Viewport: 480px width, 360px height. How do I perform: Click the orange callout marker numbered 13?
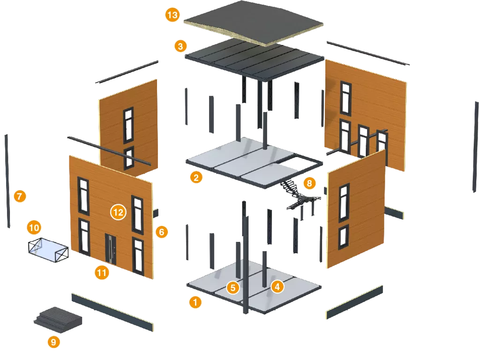pos(172,15)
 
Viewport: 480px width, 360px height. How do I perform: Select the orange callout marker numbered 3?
pos(180,46)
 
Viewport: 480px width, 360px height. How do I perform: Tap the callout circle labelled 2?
pos(196,177)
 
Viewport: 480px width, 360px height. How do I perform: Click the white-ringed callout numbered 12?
pos(118,212)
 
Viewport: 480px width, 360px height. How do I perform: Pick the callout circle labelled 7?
pos(19,196)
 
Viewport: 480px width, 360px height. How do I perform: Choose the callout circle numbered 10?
pos(34,228)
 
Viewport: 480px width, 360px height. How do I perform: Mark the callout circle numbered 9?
pos(53,342)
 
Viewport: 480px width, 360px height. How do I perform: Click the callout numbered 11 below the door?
pos(102,272)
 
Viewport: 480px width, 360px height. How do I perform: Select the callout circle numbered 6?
pos(162,232)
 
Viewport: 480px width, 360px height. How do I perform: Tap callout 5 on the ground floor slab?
pos(233,287)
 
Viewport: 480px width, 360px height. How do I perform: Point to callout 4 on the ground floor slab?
pos(277,286)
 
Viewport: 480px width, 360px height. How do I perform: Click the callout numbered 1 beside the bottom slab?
pos(195,302)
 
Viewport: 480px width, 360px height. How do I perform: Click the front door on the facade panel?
pos(110,248)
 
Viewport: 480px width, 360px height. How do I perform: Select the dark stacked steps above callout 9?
pos(58,317)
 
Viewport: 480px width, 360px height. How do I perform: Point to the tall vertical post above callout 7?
pos(7,180)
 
